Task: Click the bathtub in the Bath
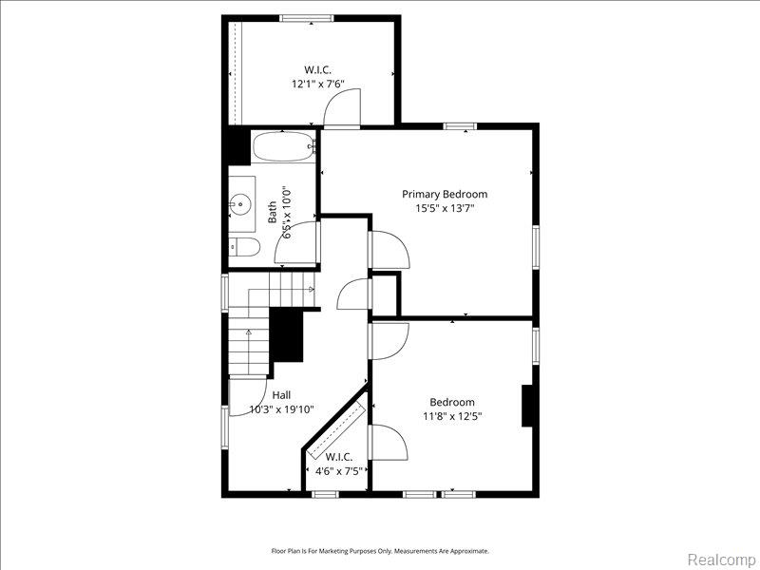pyautogui.click(x=284, y=146)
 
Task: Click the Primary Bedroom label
pyautogui.click(x=445, y=195)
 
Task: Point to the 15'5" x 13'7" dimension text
pyautogui.click(x=445, y=209)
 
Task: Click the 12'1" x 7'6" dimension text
pyautogui.click(x=317, y=84)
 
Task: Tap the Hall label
pyautogui.click(x=281, y=395)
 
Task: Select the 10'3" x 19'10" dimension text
pyautogui.click(x=281, y=409)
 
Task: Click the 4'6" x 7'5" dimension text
pyautogui.click(x=339, y=471)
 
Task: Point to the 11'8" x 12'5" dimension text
pyautogui.click(x=452, y=416)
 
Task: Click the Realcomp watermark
pyautogui.click(x=721, y=560)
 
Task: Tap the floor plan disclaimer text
pyautogui.click(x=380, y=551)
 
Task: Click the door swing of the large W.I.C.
pyautogui.click(x=343, y=107)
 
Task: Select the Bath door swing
pyautogui.click(x=295, y=242)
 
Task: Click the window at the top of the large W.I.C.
pyautogui.click(x=307, y=18)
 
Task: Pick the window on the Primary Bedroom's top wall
pyautogui.click(x=461, y=126)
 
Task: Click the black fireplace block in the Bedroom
pyautogui.click(x=527, y=406)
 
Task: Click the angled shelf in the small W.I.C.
pyautogui.click(x=337, y=430)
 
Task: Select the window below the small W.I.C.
pyautogui.click(x=325, y=494)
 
